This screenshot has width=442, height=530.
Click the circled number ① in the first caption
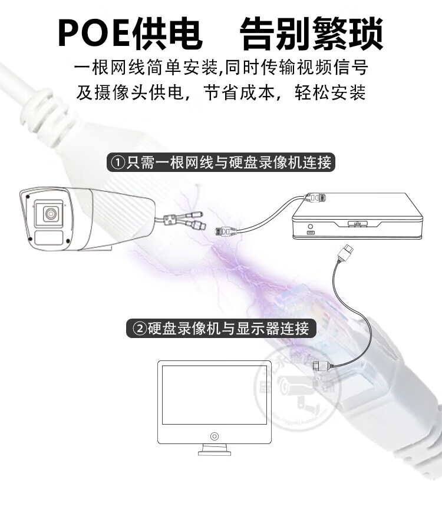(117, 162)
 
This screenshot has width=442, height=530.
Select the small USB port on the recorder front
(310, 234)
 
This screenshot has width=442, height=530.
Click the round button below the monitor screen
(214, 436)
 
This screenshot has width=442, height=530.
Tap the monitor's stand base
(214, 452)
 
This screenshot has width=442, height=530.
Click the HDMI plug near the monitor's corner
(320, 366)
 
